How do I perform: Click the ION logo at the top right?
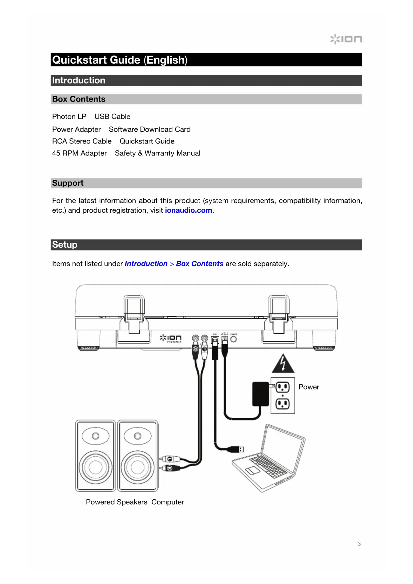(x=346, y=39)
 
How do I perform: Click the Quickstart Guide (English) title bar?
(x=206, y=60)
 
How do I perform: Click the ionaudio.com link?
(x=188, y=210)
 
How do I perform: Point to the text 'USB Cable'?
(x=112, y=117)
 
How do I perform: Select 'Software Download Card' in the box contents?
(x=149, y=129)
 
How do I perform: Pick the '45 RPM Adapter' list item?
(x=79, y=153)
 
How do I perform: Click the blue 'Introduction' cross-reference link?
(x=146, y=264)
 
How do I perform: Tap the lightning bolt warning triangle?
(x=283, y=364)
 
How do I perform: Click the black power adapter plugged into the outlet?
(x=261, y=394)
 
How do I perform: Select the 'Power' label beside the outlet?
(x=309, y=387)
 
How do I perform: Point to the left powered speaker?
(x=96, y=455)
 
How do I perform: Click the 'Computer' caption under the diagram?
(x=167, y=502)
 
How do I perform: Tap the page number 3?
(x=359, y=544)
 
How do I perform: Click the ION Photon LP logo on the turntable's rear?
(x=171, y=338)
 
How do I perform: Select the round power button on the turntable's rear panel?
(x=234, y=339)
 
